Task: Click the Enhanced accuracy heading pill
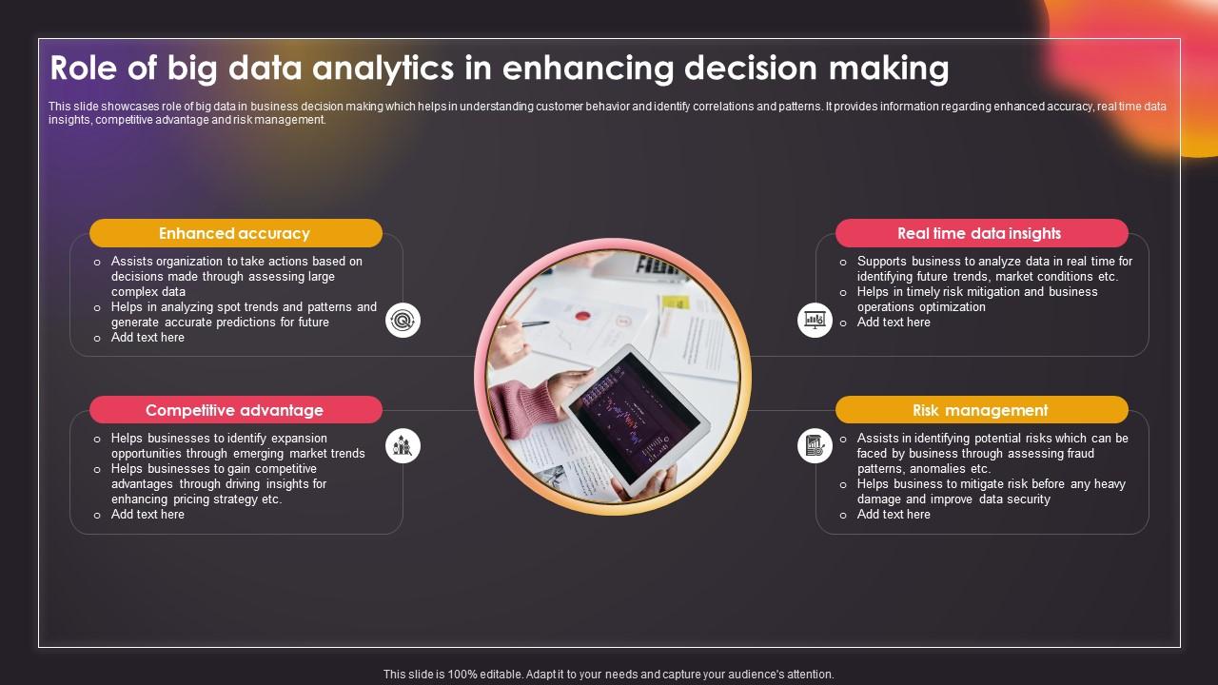click(x=235, y=233)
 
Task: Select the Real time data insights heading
click(x=980, y=233)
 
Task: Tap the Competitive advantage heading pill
click(x=235, y=410)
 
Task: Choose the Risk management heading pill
click(x=980, y=410)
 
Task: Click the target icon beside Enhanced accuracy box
click(x=403, y=321)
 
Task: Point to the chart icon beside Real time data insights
click(x=815, y=321)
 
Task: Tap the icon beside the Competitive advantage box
click(x=403, y=445)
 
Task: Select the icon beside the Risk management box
click(x=815, y=445)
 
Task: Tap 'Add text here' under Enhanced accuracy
click(x=147, y=338)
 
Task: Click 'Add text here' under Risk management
click(x=894, y=515)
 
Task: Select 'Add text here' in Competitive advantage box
click(x=147, y=515)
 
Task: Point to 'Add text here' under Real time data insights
click(x=894, y=323)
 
